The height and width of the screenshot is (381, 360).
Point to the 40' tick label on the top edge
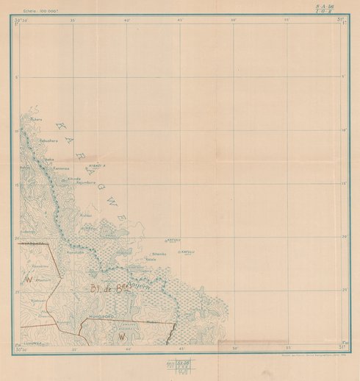coord(126,20)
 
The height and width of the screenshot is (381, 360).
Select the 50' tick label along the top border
coord(234,20)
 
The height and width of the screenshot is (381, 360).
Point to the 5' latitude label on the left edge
coord(16,76)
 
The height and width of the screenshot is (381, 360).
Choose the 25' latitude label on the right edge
coord(342,292)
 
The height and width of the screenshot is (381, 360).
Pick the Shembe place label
coord(159,254)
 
